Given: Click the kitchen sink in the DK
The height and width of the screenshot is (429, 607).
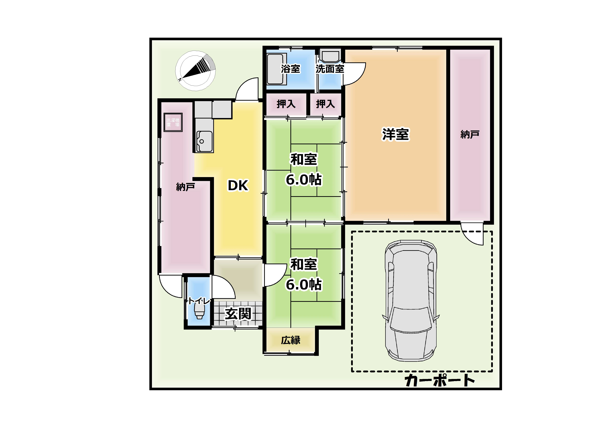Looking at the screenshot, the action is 204,141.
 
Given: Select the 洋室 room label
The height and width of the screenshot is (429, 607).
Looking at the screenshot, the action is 395,134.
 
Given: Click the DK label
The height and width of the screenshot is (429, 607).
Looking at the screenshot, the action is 238,186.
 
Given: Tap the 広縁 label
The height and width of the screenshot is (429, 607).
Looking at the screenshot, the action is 291,340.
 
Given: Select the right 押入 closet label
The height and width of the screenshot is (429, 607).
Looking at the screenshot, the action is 325,104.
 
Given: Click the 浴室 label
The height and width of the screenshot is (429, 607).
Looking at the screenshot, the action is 291,69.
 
